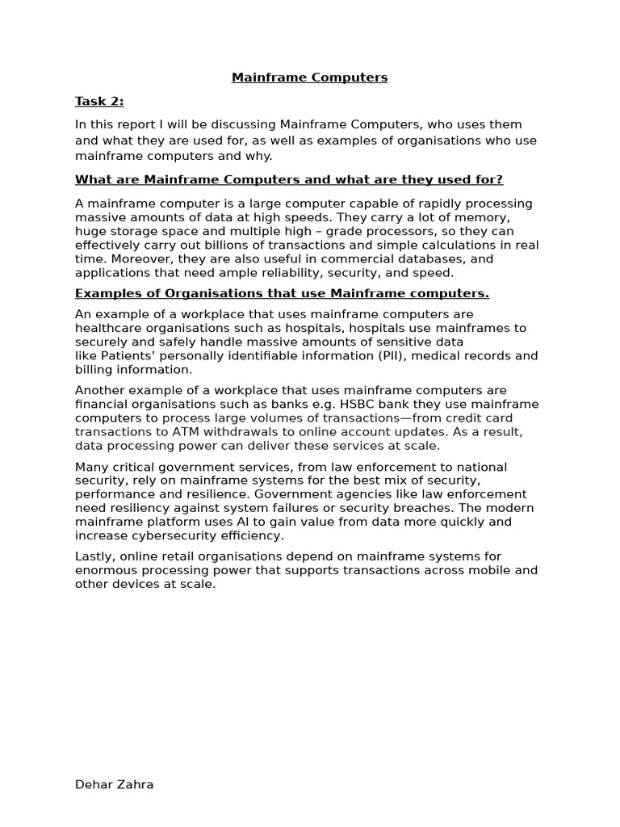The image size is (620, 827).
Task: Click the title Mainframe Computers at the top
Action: click(x=310, y=78)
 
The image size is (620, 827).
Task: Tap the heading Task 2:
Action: click(x=99, y=101)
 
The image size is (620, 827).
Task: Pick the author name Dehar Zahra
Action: click(x=114, y=784)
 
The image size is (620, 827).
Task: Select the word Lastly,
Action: click(x=98, y=556)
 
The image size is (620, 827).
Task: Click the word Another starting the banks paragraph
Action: click(x=103, y=390)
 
